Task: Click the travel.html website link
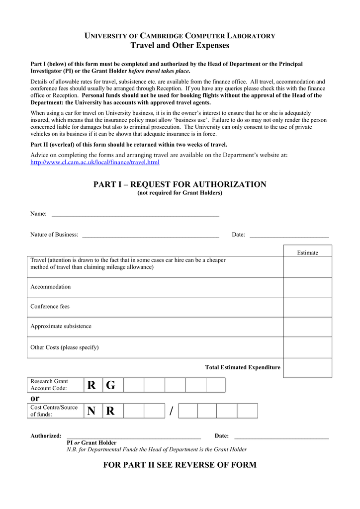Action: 95,163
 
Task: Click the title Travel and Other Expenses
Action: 180,46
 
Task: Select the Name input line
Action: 135,215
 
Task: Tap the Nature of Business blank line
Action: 151,236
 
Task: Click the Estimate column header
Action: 307,253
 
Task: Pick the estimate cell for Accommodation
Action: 307,287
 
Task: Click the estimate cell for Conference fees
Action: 307,307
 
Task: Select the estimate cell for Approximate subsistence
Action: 307,327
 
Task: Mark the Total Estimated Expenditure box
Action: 307,368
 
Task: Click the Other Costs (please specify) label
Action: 65,347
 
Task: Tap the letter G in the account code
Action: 110,385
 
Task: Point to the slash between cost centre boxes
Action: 172,411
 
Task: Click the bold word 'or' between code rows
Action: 35,398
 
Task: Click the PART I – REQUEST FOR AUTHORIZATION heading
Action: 180,184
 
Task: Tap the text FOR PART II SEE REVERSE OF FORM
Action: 180,465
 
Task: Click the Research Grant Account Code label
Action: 49,385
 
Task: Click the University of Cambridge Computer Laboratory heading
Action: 180,36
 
